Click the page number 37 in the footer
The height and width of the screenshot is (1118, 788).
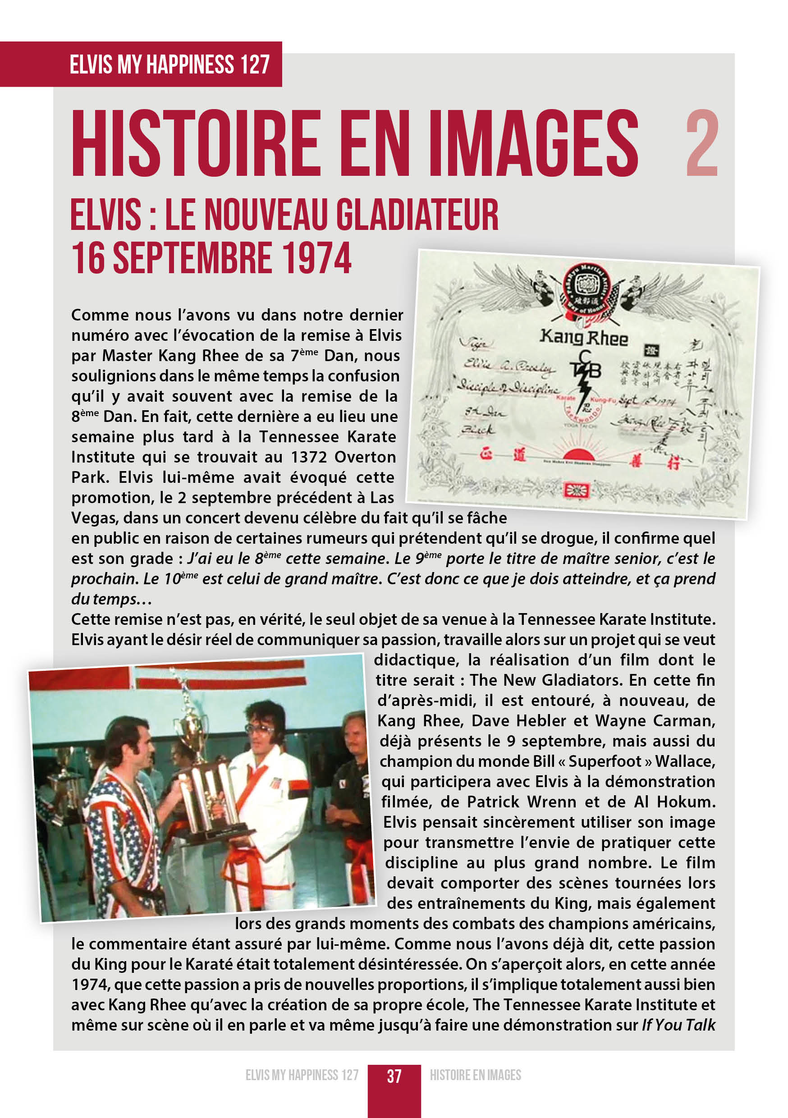click(x=394, y=1076)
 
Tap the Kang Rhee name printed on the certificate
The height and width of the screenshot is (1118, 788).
click(x=583, y=338)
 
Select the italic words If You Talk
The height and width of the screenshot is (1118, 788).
click(x=678, y=1025)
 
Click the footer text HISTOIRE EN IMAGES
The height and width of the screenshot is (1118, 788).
click(x=475, y=1075)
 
